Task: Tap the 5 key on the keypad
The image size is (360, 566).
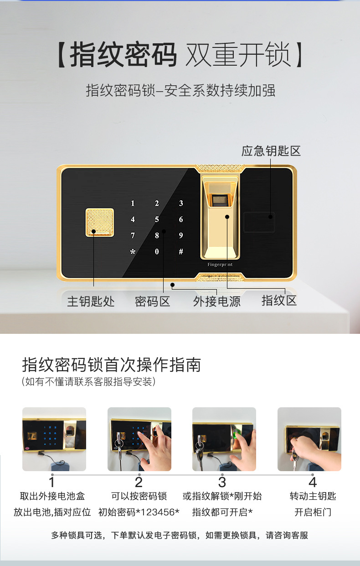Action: (x=157, y=219)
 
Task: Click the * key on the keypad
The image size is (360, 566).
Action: (x=133, y=251)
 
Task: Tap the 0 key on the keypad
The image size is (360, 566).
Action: (x=157, y=251)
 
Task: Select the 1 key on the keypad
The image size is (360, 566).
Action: (x=133, y=203)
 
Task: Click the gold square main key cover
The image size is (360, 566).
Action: (x=100, y=223)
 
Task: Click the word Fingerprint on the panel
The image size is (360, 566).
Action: (x=220, y=265)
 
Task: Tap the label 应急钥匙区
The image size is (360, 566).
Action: (x=271, y=151)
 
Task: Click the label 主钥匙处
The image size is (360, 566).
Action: (x=91, y=301)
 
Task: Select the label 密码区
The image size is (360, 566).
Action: (x=152, y=301)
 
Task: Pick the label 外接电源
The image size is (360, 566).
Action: (x=217, y=301)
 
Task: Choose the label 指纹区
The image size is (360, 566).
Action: (x=279, y=301)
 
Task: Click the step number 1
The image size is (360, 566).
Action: (x=52, y=482)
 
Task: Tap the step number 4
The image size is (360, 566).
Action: (x=313, y=482)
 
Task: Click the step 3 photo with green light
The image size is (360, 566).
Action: (x=224, y=439)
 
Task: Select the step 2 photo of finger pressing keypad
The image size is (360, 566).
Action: (x=139, y=439)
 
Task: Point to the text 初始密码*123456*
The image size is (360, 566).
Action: (x=139, y=512)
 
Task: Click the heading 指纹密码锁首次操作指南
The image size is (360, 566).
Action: (x=111, y=364)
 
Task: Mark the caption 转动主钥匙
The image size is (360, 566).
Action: (x=313, y=496)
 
